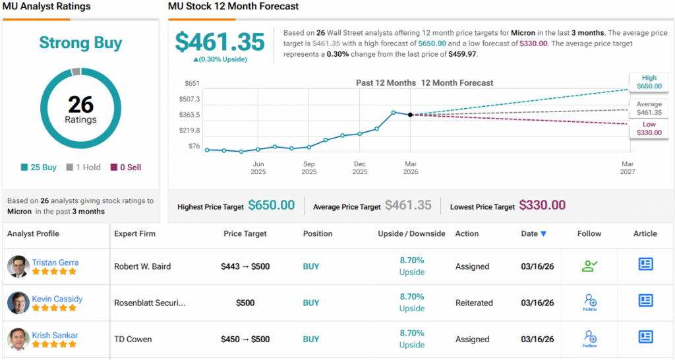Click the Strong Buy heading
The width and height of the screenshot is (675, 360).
(x=80, y=43)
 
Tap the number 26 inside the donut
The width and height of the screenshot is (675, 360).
(x=80, y=104)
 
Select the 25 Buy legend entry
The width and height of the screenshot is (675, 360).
(x=39, y=167)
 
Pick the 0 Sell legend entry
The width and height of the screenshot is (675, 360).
(x=125, y=167)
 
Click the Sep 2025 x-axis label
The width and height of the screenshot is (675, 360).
(x=308, y=167)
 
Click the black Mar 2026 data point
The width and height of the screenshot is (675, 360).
(x=411, y=115)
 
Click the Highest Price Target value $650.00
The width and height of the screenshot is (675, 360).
(x=271, y=206)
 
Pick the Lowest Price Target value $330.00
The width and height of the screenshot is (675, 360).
(x=542, y=206)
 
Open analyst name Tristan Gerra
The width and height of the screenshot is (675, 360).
(x=55, y=262)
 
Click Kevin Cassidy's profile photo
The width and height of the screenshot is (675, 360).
(x=18, y=303)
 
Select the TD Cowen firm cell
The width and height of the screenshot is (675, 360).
(x=133, y=340)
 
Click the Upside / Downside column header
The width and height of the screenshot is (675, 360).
(x=411, y=233)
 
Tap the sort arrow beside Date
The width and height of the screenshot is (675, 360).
(x=543, y=234)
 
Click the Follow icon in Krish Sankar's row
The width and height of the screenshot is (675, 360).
(x=590, y=338)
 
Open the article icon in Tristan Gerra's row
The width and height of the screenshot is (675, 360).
(x=645, y=264)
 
